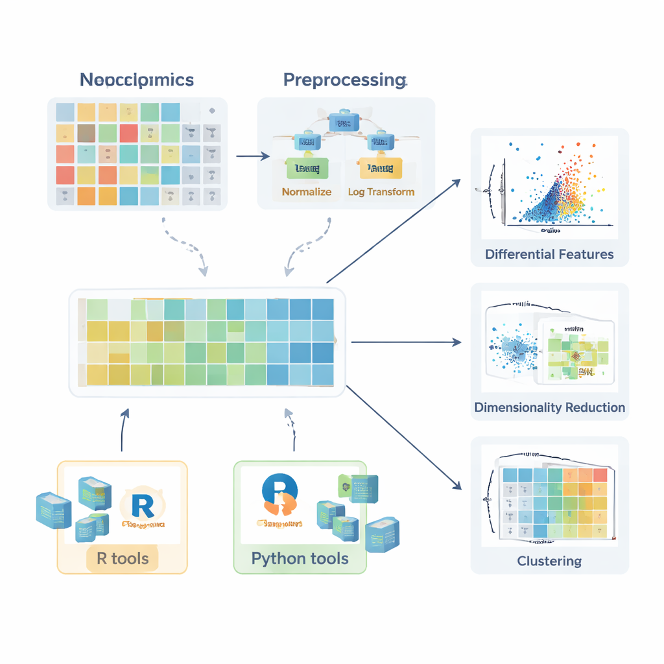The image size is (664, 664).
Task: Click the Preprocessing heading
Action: pos(344,80)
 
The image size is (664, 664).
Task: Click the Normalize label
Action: pos(307,192)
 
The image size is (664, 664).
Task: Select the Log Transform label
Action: pos(381,192)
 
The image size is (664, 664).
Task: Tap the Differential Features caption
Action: pos(549,254)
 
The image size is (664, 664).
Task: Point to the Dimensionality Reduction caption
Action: pos(549,408)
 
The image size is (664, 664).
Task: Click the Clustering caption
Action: pos(549,561)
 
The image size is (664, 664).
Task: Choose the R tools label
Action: pos(123,558)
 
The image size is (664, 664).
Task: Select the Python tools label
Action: pos(300,558)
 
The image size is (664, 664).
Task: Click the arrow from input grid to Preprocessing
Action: pos(252,156)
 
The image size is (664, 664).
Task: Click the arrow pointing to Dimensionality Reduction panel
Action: pos(405,342)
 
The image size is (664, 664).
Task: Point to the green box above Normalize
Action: pos(307,169)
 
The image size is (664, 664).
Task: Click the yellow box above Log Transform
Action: pos(381,169)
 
